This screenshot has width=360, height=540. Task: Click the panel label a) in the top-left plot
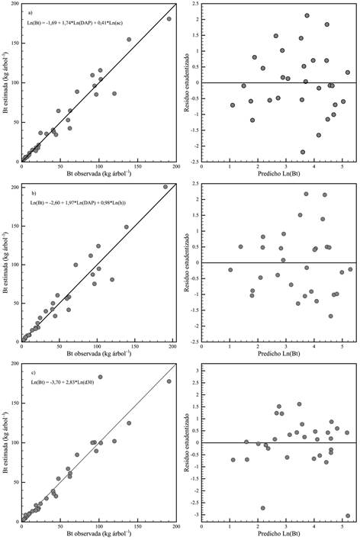click(x=31, y=13)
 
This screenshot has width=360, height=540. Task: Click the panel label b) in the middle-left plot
click(x=31, y=193)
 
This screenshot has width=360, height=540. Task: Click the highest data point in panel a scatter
click(x=169, y=19)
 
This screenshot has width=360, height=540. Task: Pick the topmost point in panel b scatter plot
click(x=166, y=187)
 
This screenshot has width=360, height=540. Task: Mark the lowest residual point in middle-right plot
click(x=330, y=316)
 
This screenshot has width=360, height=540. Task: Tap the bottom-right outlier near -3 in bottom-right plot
click(x=347, y=516)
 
